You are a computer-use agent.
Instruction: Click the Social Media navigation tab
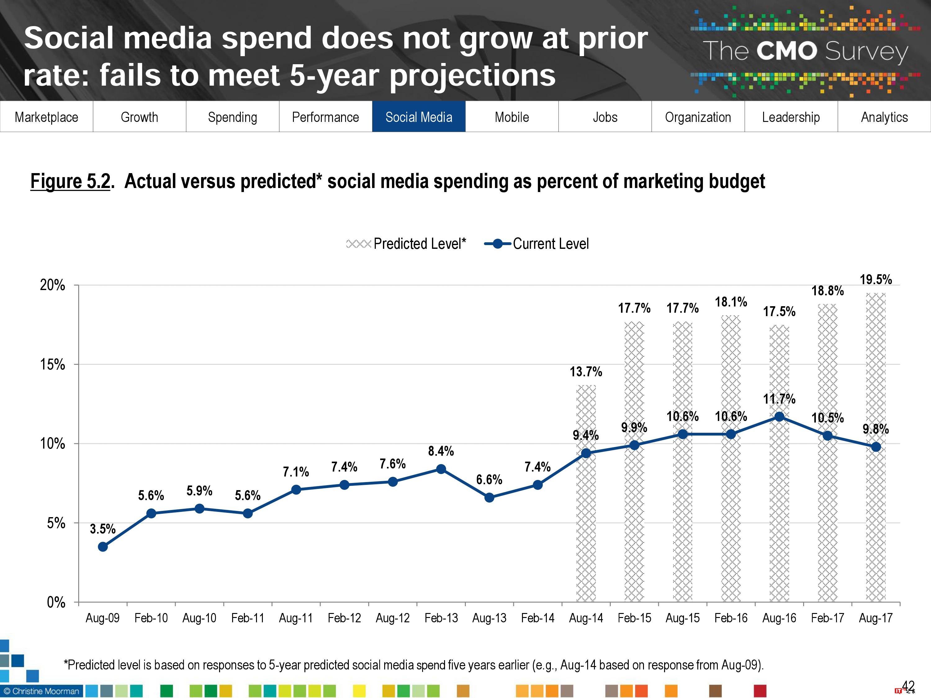(x=418, y=117)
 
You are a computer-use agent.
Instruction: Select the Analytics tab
(x=884, y=117)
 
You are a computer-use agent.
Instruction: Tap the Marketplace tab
(x=46, y=117)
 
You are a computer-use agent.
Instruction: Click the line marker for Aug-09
(x=103, y=547)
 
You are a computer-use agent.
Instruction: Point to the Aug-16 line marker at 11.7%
(x=779, y=417)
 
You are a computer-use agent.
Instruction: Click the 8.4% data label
(x=441, y=451)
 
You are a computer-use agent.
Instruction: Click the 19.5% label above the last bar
(x=875, y=280)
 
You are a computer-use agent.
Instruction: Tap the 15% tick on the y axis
(x=53, y=365)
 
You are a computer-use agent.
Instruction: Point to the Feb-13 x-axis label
(x=441, y=618)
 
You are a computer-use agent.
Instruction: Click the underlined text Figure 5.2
(x=70, y=182)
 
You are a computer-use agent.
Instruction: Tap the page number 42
(x=908, y=686)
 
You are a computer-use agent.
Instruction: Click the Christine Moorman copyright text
(x=41, y=691)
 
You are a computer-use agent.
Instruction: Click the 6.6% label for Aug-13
(x=489, y=480)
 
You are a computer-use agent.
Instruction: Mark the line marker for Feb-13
(x=441, y=469)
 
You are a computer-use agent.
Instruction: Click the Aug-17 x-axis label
(x=875, y=618)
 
